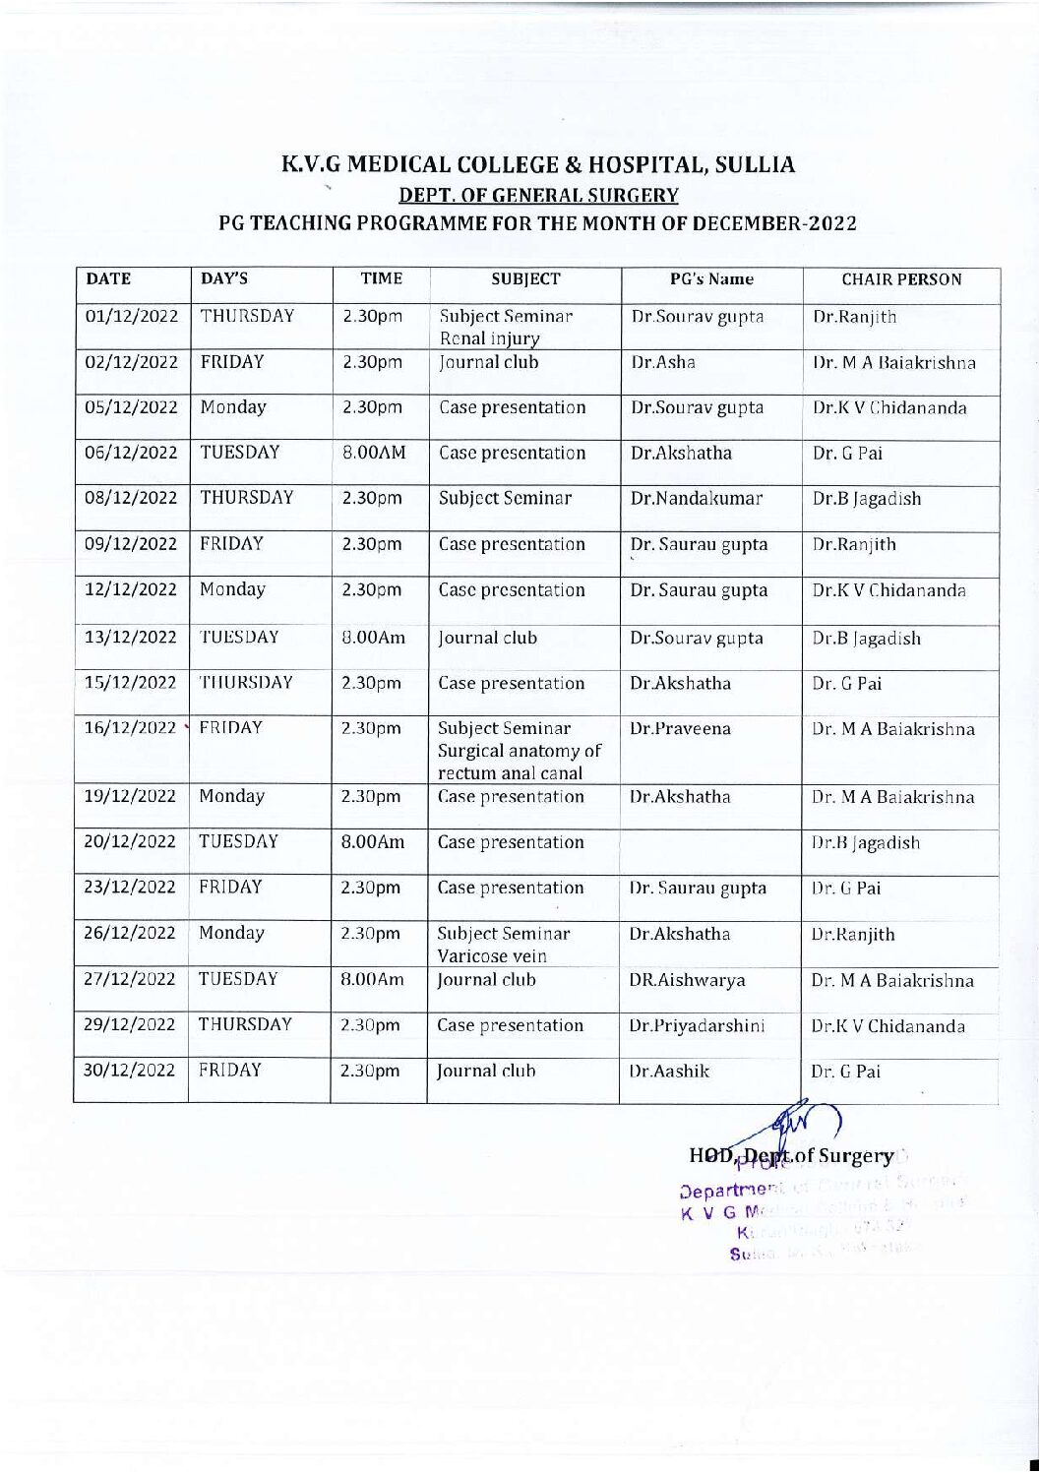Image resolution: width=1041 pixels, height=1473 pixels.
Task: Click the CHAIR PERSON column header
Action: pyautogui.click(x=901, y=279)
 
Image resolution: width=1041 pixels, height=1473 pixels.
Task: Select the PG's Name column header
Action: pyautogui.click(x=711, y=279)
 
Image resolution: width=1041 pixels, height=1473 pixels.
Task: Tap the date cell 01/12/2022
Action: pyautogui.click(x=131, y=317)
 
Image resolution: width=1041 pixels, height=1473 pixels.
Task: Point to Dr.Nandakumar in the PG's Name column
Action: pyautogui.click(x=697, y=498)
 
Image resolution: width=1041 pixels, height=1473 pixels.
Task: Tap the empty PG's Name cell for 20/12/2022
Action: pyautogui.click(x=711, y=842)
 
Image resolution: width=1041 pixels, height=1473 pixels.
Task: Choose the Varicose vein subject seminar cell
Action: pyautogui.click(x=504, y=945)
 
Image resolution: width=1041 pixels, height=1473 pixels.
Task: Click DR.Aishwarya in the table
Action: pyautogui.click(x=687, y=980)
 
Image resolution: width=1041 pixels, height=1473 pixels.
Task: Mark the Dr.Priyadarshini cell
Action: pyautogui.click(x=697, y=1025)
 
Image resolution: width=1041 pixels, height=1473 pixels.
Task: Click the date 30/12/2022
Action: pyautogui.click(x=131, y=1071)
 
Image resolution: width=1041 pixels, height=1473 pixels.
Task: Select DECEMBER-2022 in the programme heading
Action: pyautogui.click(x=775, y=222)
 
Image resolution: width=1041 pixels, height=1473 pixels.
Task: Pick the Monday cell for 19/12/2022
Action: pyautogui.click(x=232, y=796)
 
